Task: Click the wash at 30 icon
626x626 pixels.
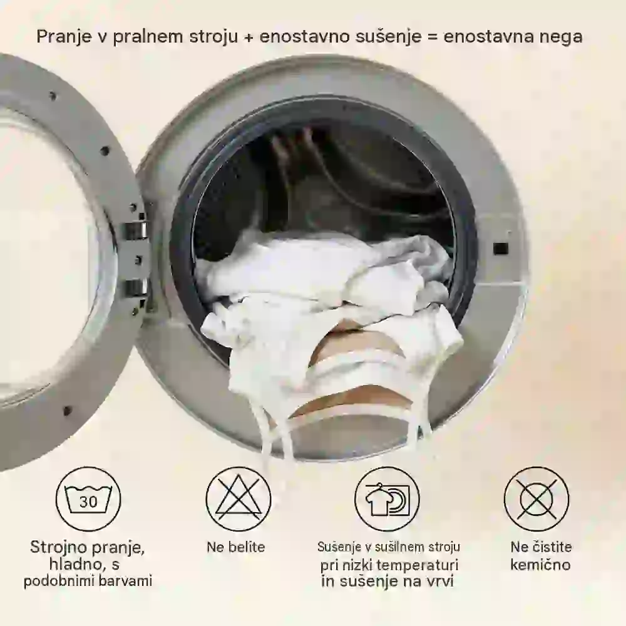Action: [x=88, y=499]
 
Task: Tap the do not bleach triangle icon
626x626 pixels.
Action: [x=238, y=499]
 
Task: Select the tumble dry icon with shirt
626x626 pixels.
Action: [x=387, y=499]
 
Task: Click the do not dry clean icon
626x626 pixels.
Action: [x=536, y=499]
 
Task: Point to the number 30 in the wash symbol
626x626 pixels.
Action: [x=88, y=501]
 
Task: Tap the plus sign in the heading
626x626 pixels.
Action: [x=249, y=37]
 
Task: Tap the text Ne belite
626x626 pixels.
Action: [x=235, y=546]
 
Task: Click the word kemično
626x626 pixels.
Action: [x=541, y=565]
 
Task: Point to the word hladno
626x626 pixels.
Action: [x=76, y=564]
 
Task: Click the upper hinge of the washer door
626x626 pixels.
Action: [x=135, y=230]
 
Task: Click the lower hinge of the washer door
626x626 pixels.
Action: [x=135, y=287]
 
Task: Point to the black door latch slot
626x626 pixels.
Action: [x=501, y=249]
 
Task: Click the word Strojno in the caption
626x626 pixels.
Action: [x=58, y=547]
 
